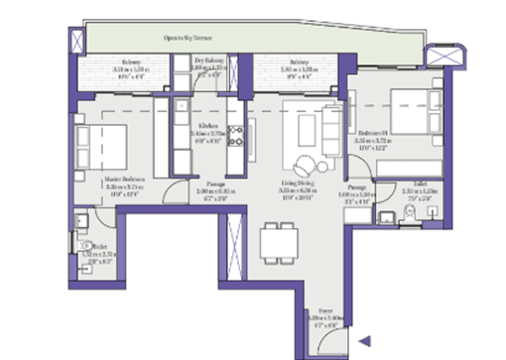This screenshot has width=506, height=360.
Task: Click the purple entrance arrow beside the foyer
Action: pos(364,341)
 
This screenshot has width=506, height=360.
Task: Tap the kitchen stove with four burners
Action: pos(236,139)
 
